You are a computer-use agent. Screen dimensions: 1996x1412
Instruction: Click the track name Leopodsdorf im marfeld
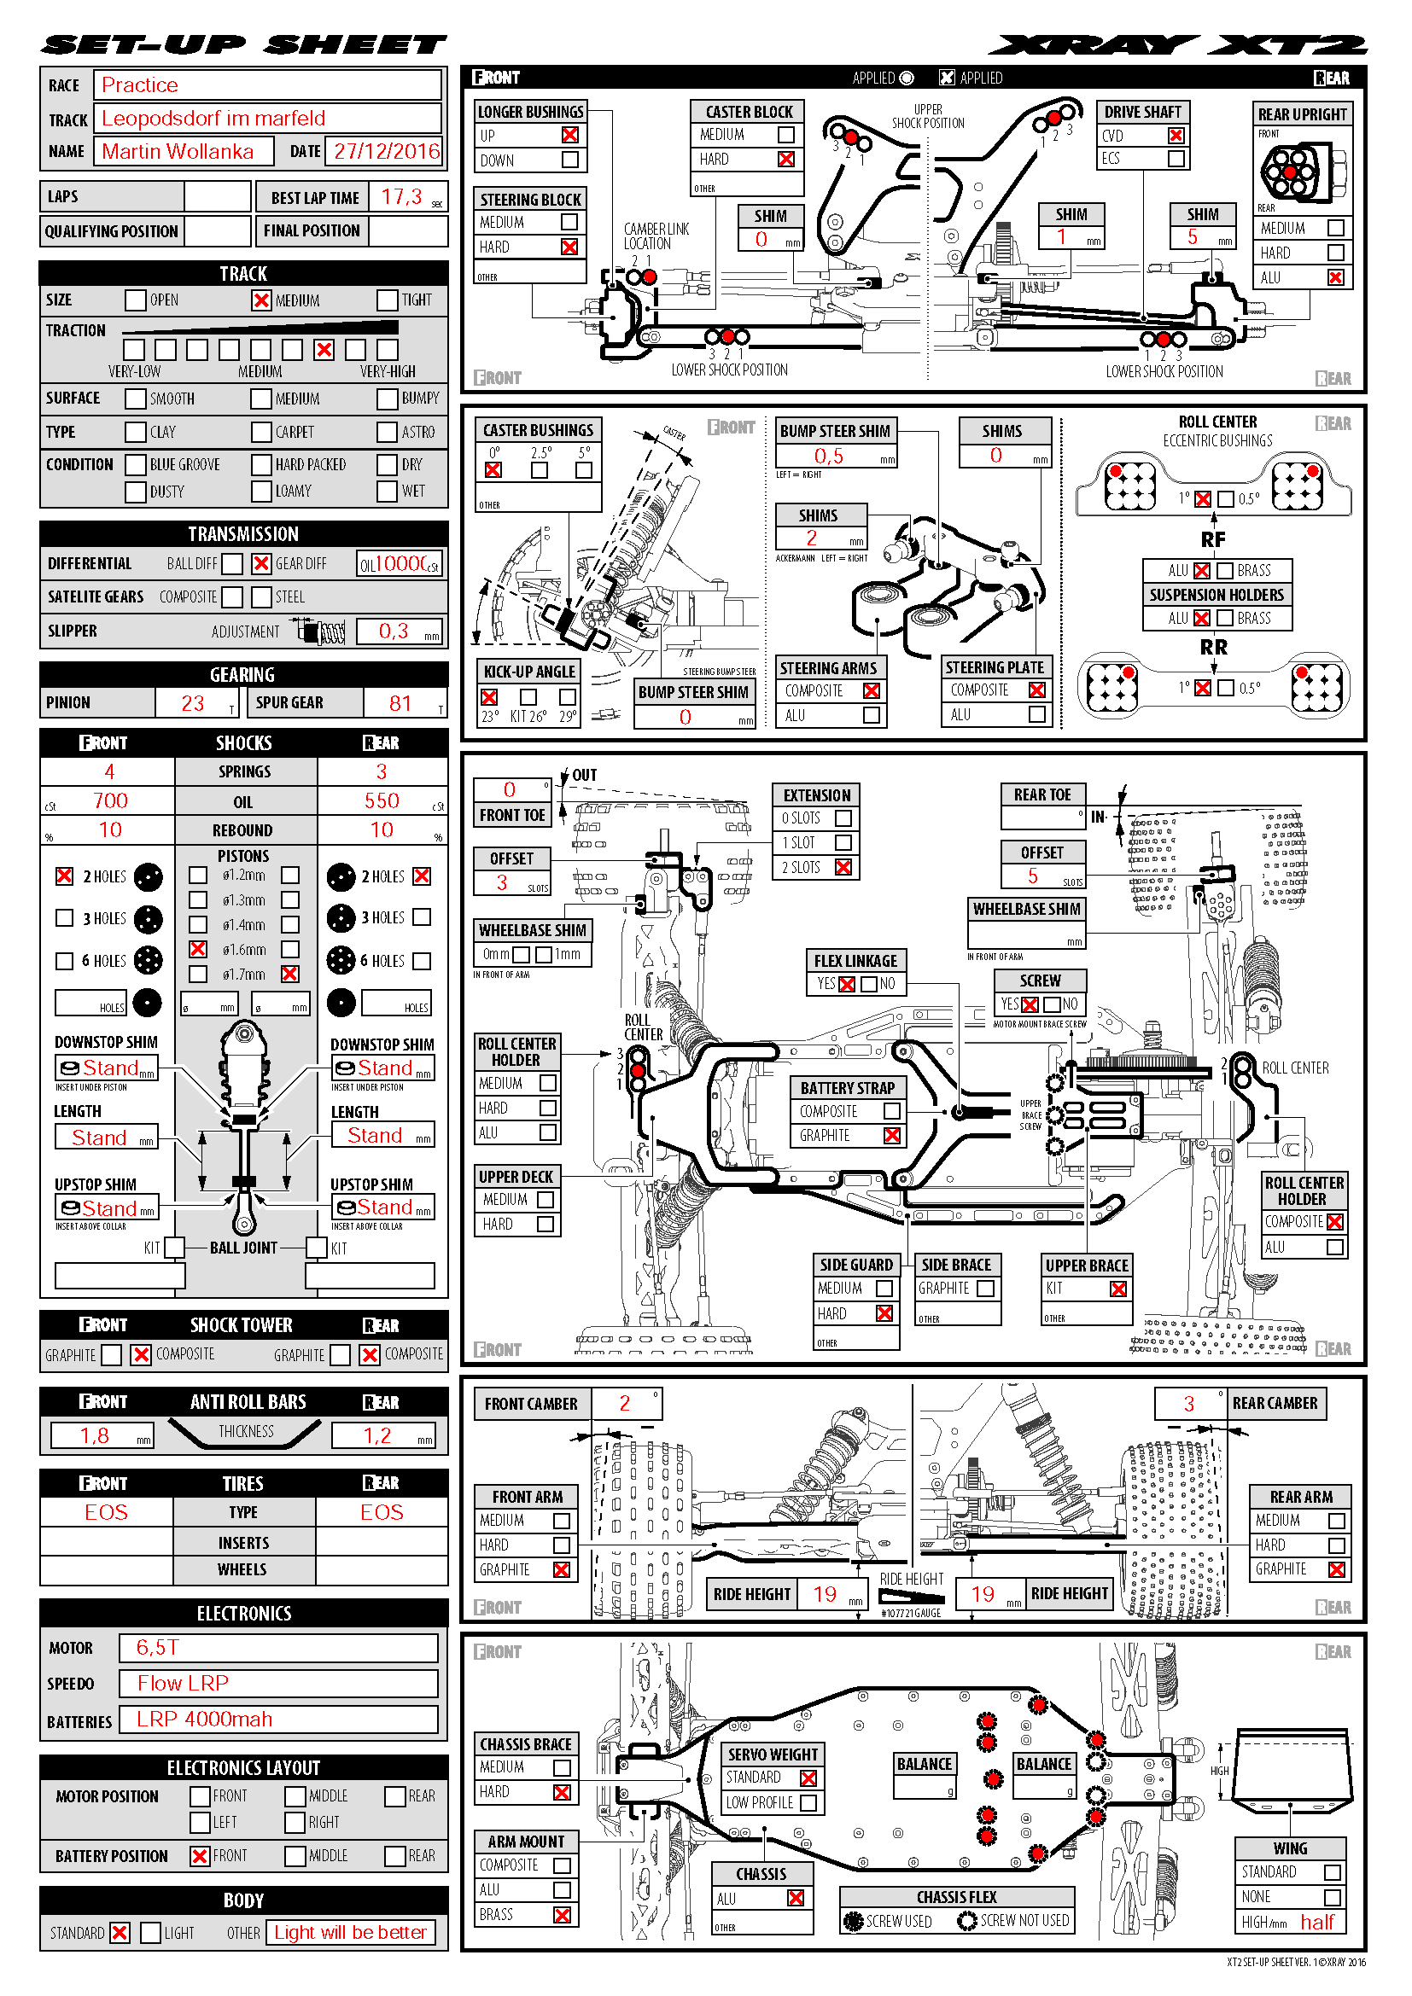[x=213, y=119]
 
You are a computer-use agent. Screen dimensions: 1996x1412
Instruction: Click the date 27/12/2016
[x=387, y=151]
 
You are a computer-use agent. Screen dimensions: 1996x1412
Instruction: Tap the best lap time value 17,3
[x=401, y=197]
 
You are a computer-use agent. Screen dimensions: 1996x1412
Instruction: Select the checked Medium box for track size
[x=261, y=300]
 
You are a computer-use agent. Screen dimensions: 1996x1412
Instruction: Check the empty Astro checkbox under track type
[x=387, y=432]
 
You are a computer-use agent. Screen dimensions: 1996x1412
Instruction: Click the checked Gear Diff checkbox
[x=261, y=563]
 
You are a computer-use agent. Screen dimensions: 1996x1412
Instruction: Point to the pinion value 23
[x=192, y=703]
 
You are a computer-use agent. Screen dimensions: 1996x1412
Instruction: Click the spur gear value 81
[x=400, y=703]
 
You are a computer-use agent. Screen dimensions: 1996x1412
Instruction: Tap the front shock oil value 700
[x=110, y=800]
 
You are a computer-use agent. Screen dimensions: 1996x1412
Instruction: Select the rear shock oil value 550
[x=382, y=800]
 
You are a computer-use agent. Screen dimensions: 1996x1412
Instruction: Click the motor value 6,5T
[x=157, y=1647]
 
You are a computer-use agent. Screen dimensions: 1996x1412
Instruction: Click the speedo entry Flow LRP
[x=183, y=1683]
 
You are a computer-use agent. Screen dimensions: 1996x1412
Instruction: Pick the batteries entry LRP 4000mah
[x=204, y=1720]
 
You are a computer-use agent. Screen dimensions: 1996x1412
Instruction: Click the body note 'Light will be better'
[x=350, y=1932]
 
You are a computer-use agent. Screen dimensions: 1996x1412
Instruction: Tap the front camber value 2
[x=624, y=1403]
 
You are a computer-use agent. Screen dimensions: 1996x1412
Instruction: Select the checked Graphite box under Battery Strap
[x=891, y=1135]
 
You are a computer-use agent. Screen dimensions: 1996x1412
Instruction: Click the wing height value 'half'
[x=1316, y=1922]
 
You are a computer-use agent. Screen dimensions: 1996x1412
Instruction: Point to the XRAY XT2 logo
[x=1178, y=45]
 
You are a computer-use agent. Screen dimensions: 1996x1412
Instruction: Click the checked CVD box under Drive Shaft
[x=1176, y=136]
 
